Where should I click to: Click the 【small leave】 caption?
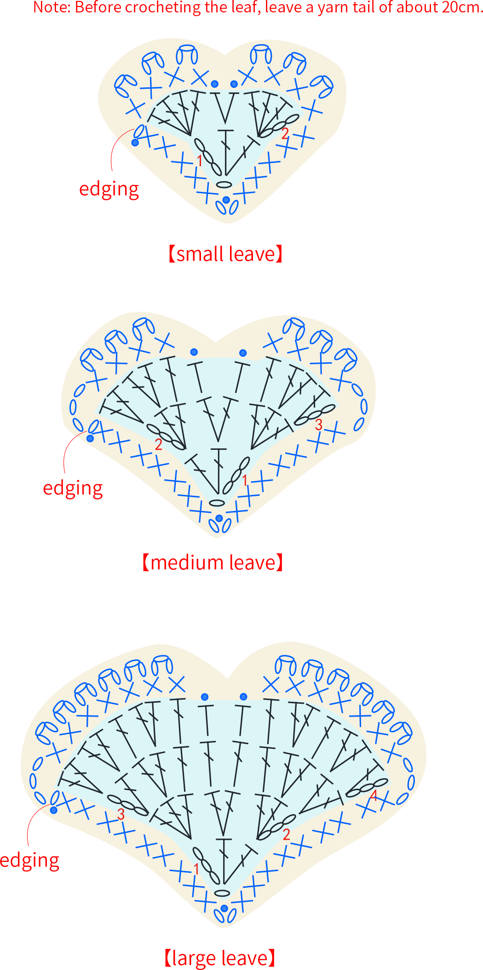click(x=225, y=254)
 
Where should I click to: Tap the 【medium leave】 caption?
click(x=213, y=562)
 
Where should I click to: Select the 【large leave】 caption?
click(x=220, y=958)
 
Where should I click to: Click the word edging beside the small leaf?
click(x=109, y=189)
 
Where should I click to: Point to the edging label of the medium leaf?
click(x=73, y=488)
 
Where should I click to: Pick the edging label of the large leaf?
click(x=30, y=861)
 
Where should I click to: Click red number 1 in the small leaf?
click(x=200, y=161)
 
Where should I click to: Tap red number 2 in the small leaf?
click(x=285, y=133)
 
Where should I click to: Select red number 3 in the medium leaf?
click(x=319, y=425)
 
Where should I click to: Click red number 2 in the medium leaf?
click(x=159, y=444)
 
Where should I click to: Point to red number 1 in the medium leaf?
click(x=245, y=480)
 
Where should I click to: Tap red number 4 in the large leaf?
click(x=374, y=795)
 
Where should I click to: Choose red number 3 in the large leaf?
click(x=121, y=814)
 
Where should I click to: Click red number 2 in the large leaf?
click(x=287, y=834)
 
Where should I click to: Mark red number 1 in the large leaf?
click(x=196, y=869)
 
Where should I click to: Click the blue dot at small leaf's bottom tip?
click(x=226, y=200)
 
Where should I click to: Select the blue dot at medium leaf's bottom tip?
click(x=219, y=518)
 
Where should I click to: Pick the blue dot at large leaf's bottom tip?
click(x=224, y=908)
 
